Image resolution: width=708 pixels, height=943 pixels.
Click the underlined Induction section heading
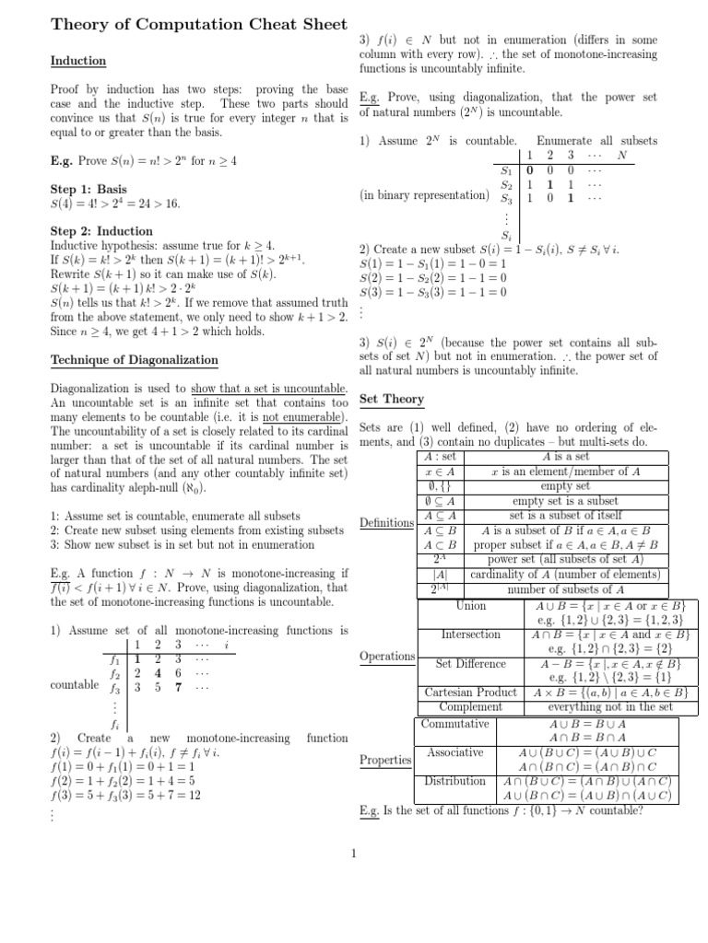tap(78, 62)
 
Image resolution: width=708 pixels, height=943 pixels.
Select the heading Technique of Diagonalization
tap(135, 359)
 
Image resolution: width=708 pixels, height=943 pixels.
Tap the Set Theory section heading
tap(391, 399)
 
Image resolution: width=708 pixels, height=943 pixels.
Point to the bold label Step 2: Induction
tap(101, 231)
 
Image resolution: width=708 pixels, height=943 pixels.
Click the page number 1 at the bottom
tap(353, 852)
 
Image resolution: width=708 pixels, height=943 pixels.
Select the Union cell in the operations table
tap(470, 607)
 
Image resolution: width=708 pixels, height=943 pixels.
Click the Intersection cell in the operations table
tap(470, 634)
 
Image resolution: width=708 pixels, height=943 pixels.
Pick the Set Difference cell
tap(470, 663)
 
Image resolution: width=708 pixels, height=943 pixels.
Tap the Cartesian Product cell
tap(470, 692)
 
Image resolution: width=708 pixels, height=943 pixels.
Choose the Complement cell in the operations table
tap(470, 706)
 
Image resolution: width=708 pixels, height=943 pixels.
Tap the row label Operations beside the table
tap(387, 657)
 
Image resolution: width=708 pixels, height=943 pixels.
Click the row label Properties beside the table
tap(385, 761)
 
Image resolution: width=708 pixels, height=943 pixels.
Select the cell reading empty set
tap(564, 486)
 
